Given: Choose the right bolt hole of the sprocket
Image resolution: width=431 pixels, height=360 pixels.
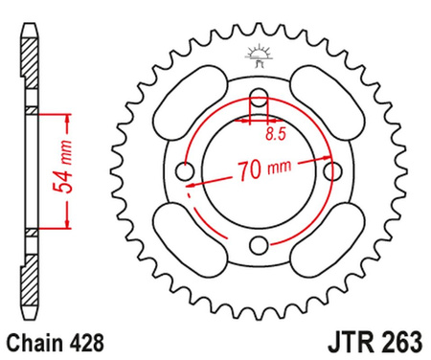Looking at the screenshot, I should [x=333, y=171].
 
